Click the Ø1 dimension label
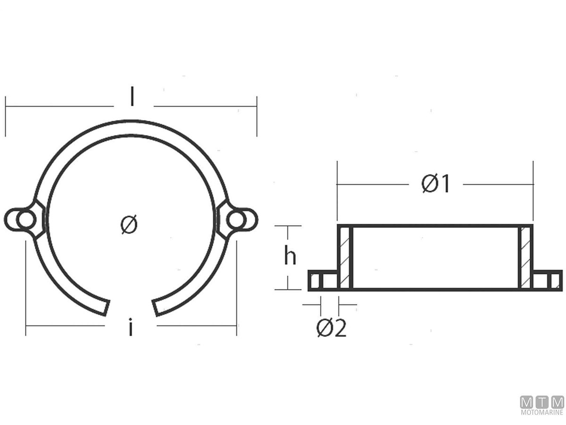pos(435,184)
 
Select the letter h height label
pos(290,255)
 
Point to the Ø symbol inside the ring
pos(129,224)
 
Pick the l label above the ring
pos(132,96)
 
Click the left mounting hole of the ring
pos(26,220)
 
